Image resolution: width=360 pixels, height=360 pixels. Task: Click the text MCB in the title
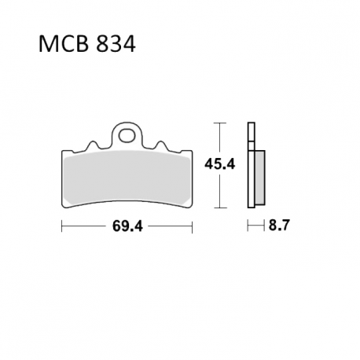[63, 44]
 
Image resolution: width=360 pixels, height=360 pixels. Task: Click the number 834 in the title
[116, 44]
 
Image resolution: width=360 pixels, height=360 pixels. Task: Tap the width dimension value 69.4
[127, 226]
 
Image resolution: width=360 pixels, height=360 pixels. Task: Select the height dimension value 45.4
[220, 164]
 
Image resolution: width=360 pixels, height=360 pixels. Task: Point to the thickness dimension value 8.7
[279, 225]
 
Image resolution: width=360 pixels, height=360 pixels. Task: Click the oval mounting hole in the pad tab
[127, 135]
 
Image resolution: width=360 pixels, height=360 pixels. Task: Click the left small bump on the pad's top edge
[92, 146]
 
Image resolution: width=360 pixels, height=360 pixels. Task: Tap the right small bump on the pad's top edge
[161, 146]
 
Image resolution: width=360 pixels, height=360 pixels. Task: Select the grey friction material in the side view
[259, 178]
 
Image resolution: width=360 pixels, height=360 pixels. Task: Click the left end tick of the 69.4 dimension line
[62, 226]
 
